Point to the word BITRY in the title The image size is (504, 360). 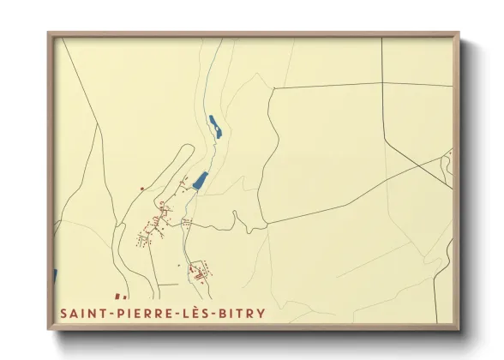[242, 314]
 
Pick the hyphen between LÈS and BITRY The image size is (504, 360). [214, 315]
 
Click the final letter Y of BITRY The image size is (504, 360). [260, 314]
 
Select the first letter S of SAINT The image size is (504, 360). [64, 314]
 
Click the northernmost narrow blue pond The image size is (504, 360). [216, 127]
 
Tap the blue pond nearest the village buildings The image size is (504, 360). [201, 181]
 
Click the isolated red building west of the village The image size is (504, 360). [142, 189]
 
